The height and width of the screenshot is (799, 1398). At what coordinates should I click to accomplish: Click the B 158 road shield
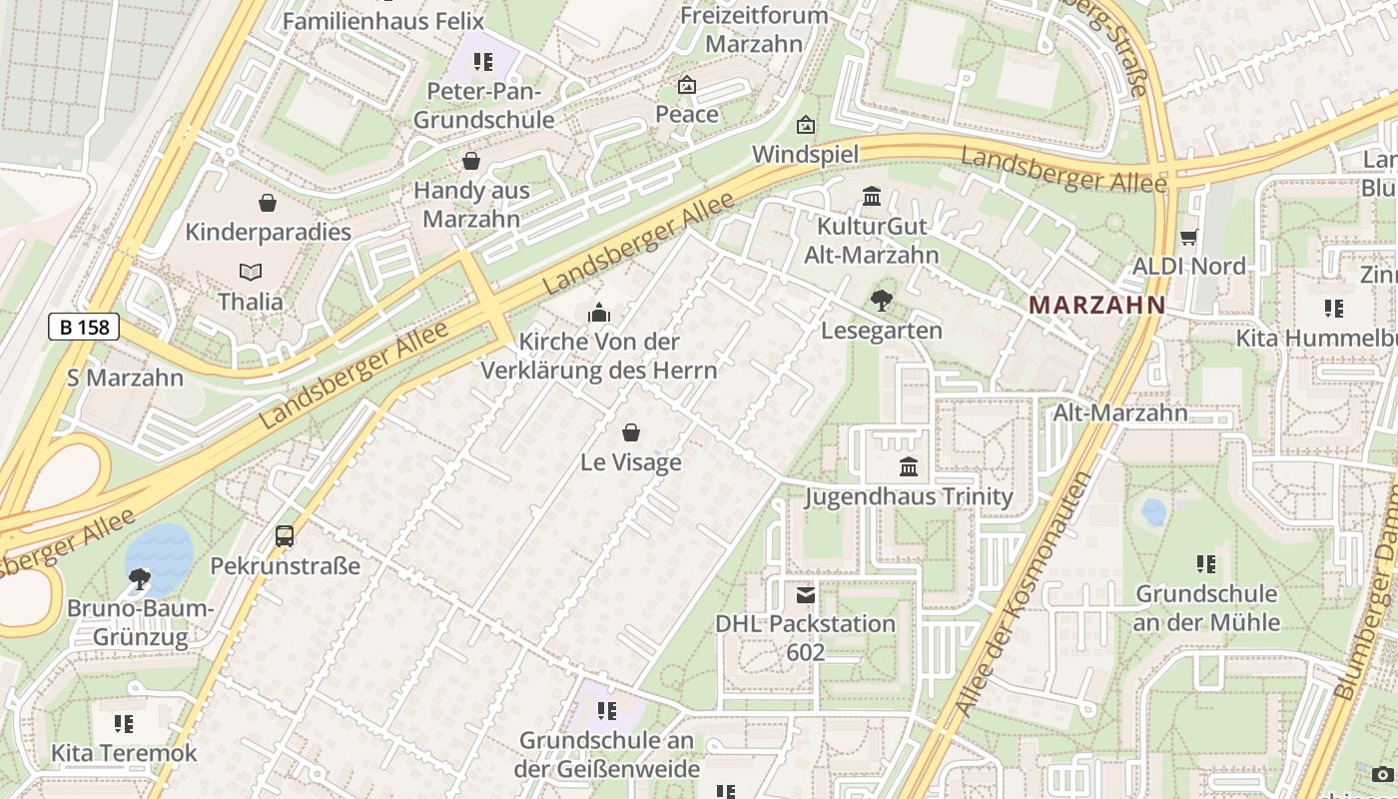(84, 326)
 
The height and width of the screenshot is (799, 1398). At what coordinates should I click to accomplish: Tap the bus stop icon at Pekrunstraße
(285, 536)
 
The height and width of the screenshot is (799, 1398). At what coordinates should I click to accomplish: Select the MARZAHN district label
(1097, 305)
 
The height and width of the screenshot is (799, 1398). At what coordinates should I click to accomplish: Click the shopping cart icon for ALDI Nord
(1188, 238)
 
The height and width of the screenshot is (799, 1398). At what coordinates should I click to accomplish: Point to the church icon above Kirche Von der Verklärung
(599, 314)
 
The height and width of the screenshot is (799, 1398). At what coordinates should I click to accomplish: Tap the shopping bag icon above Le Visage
(631, 432)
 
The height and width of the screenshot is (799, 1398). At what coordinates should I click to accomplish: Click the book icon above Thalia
(251, 272)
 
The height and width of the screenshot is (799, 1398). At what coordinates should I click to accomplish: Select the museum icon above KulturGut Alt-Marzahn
(872, 196)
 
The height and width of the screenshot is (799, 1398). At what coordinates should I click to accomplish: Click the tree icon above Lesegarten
(881, 300)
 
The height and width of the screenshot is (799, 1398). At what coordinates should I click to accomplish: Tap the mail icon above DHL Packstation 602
(805, 595)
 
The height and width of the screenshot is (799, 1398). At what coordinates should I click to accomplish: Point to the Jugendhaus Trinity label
(909, 496)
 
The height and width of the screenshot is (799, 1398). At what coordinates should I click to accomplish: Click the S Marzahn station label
(125, 378)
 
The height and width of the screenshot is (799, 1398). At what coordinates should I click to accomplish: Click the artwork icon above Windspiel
(805, 125)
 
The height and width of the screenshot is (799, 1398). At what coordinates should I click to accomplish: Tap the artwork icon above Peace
(686, 85)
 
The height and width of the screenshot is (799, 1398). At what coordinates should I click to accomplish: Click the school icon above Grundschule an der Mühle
(1206, 564)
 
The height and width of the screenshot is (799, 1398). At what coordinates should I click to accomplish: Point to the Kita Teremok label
(125, 752)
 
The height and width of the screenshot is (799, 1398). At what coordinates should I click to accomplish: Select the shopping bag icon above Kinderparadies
(268, 203)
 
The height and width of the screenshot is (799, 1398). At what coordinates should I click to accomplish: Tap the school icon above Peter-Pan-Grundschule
(483, 62)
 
